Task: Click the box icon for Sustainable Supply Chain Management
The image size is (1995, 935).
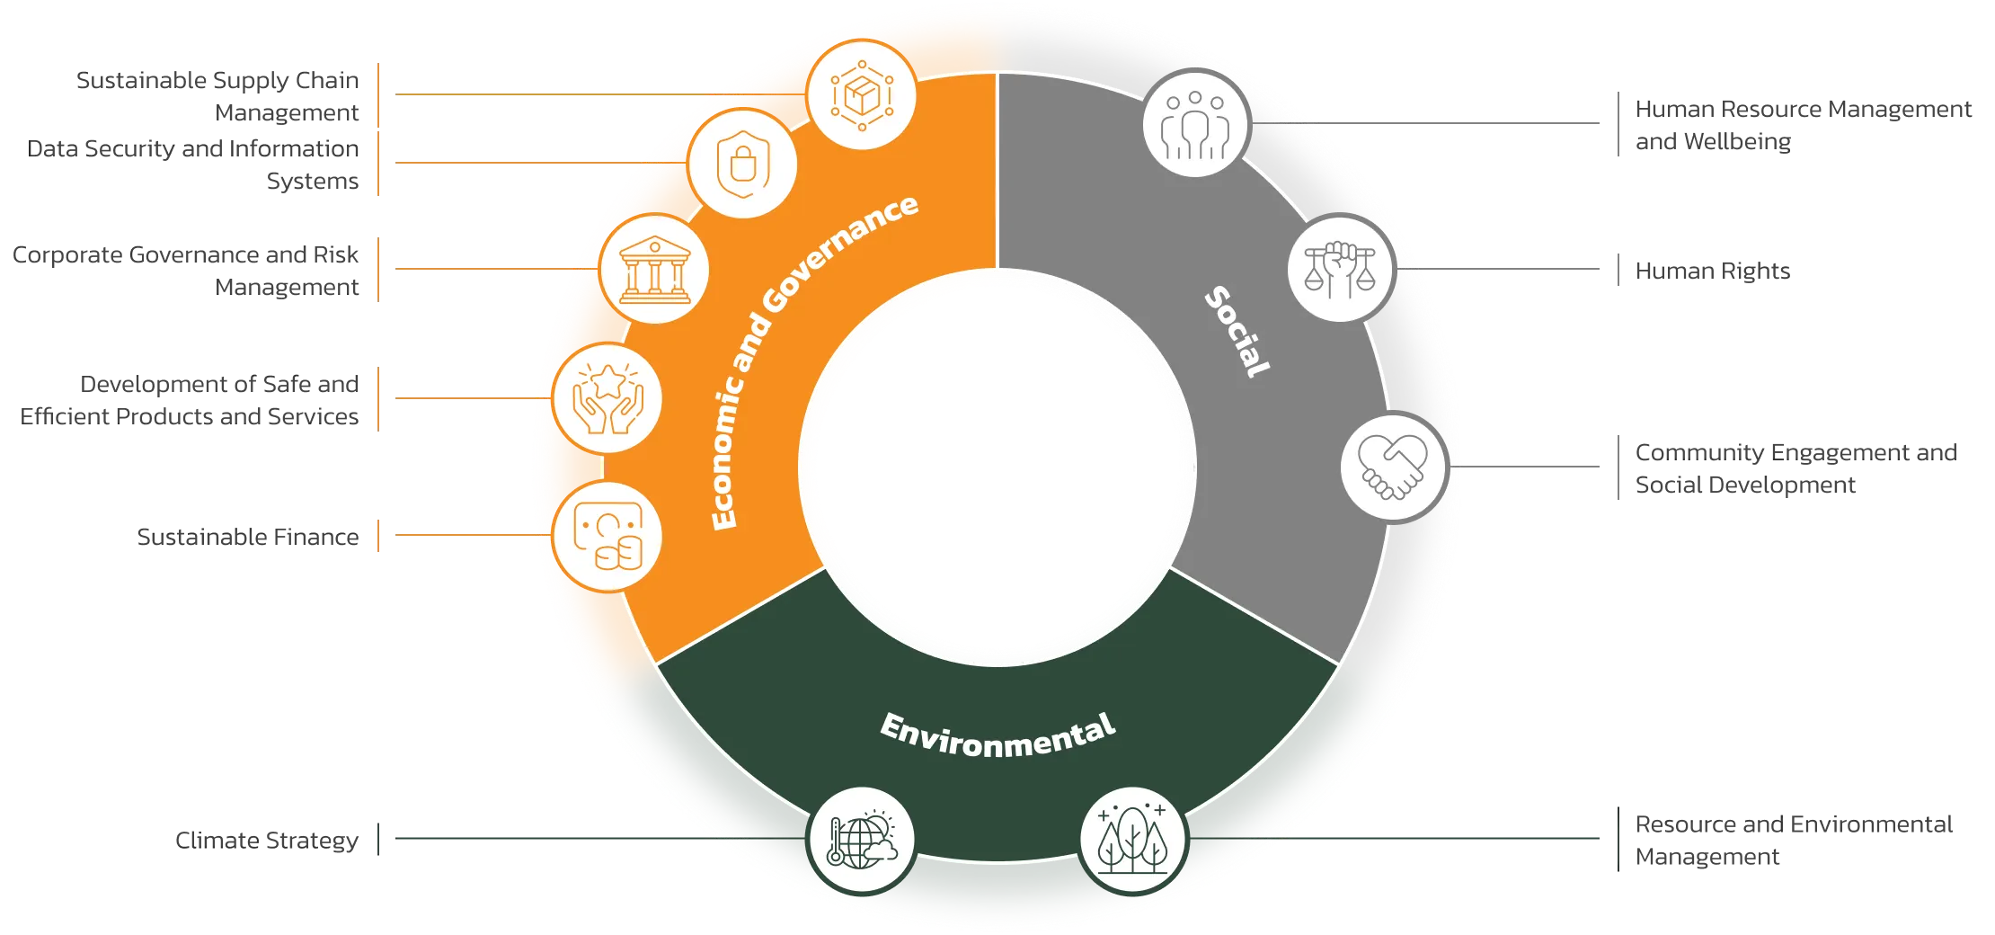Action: [x=862, y=95]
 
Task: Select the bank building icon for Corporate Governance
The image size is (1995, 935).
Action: [x=655, y=270]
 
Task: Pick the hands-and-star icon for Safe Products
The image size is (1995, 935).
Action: [x=608, y=399]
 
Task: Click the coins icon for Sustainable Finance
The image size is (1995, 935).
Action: [x=608, y=537]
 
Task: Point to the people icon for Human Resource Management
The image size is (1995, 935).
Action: [x=1195, y=124]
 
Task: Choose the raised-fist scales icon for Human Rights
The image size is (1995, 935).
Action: [x=1340, y=269]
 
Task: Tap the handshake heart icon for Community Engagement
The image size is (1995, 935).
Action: [x=1393, y=467]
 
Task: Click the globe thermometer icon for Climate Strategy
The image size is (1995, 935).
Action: [x=862, y=840]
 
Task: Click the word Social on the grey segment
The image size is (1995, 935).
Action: [x=1237, y=331]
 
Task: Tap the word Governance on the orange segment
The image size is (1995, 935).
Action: [x=840, y=253]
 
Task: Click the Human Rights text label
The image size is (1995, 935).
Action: [x=1712, y=271]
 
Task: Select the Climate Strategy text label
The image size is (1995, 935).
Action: [x=266, y=841]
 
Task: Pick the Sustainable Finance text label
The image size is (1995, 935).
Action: [x=247, y=537]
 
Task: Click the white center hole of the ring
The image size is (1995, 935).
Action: [x=997, y=467]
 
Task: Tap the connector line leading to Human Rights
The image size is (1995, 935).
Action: [x=1498, y=269]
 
